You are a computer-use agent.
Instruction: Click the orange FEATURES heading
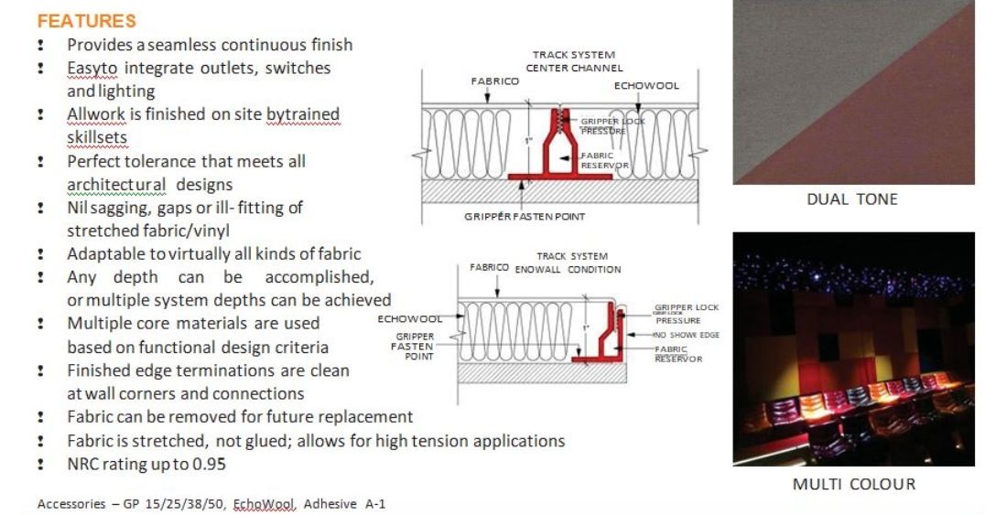87,20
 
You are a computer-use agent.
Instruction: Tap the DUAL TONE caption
852,198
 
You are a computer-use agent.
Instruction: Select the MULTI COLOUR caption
853,484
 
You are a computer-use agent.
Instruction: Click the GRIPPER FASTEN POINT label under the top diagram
525,217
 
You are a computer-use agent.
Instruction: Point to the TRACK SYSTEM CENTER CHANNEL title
574,61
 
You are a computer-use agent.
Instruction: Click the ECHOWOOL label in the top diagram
646,85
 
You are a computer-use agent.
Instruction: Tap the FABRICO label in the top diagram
494,81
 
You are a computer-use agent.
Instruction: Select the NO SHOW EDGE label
687,335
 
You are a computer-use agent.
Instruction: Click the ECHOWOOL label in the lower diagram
410,318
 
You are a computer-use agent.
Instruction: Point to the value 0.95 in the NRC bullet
209,464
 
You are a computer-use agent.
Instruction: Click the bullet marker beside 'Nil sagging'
41,208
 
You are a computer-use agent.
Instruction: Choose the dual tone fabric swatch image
853,92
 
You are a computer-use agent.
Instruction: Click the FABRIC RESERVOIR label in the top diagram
604,160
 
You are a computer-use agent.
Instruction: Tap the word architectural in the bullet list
116,185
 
